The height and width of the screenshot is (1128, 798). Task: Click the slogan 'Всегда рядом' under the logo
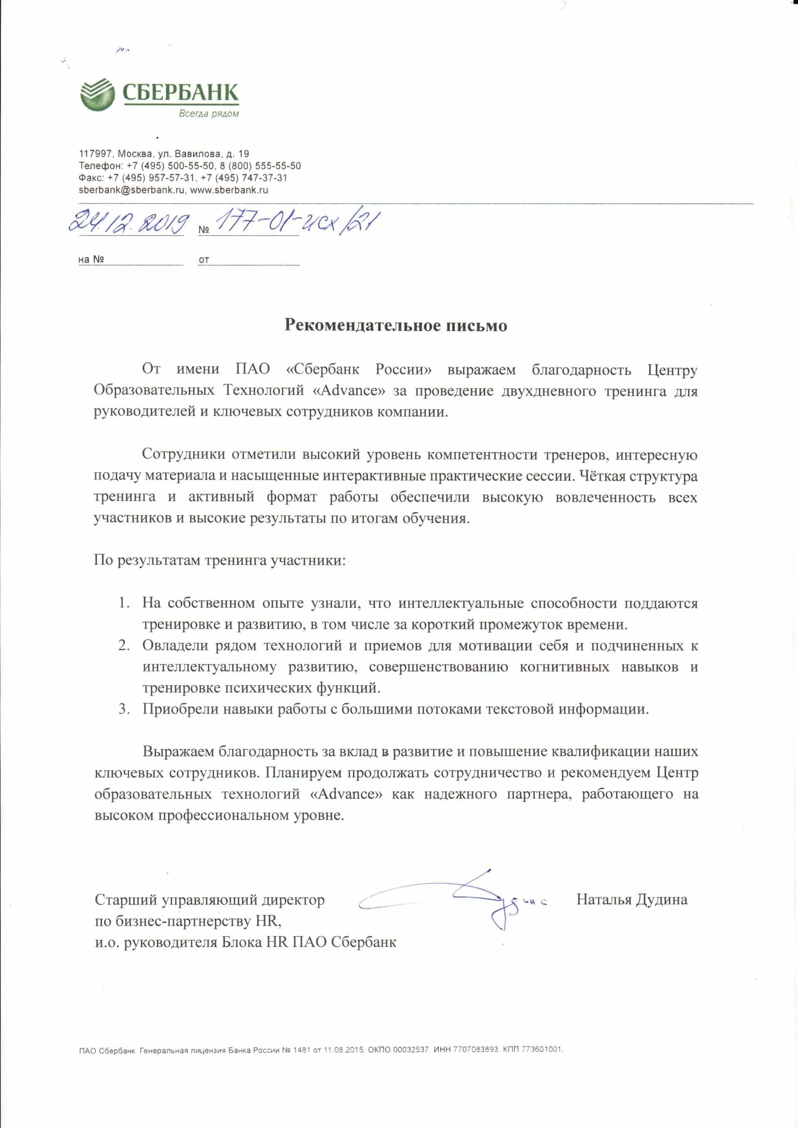point(209,113)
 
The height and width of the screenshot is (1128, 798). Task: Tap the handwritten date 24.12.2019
point(128,223)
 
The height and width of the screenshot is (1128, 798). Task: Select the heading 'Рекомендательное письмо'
point(396,326)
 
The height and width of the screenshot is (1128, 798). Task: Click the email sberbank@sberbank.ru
point(132,190)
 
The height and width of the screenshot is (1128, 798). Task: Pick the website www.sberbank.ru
point(229,190)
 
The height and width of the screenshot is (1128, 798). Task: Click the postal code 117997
point(96,154)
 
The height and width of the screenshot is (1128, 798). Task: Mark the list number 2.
point(123,645)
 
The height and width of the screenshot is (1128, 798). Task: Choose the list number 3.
point(123,709)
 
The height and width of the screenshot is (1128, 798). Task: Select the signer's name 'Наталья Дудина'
point(632,900)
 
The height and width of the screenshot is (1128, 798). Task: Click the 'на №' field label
point(91,260)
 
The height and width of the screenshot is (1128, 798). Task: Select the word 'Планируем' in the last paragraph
point(303,773)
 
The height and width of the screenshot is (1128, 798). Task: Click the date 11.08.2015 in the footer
point(344,1050)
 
